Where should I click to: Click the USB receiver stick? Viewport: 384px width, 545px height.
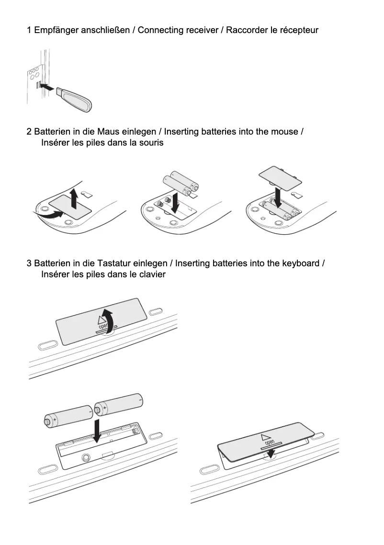(x=74, y=99)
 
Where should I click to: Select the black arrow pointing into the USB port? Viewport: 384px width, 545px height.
(x=46, y=87)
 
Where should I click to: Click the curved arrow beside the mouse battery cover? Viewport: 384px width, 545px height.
(x=50, y=217)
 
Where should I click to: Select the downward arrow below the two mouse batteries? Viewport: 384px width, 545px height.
(x=176, y=203)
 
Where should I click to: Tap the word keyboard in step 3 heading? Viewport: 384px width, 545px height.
(x=302, y=263)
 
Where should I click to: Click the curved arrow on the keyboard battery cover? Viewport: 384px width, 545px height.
(x=110, y=319)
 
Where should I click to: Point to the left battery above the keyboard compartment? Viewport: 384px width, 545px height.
(x=68, y=416)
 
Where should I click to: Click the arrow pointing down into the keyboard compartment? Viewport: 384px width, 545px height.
(x=98, y=430)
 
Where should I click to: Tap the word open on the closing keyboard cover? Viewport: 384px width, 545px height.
(x=269, y=441)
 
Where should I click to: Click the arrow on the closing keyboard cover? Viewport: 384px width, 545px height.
(x=271, y=453)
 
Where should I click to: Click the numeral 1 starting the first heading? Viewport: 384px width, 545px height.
(x=29, y=30)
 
